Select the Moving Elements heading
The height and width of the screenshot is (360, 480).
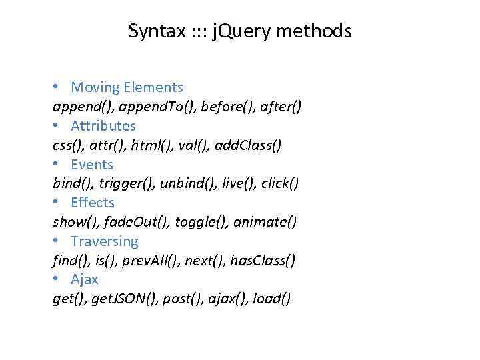pyautogui.click(x=127, y=87)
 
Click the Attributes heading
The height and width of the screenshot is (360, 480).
pyautogui.click(x=103, y=126)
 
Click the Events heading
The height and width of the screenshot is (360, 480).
pyautogui.click(x=92, y=165)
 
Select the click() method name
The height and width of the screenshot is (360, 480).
pyautogui.click(x=280, y=183)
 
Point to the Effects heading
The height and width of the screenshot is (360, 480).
pyautogui.click(x=93, y=203)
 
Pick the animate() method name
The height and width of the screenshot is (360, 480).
pyautogui.click(x=265, y=222)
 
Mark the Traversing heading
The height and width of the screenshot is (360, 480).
pyautogui.click(x=105, y=241)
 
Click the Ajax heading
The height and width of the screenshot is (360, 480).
pyautogui.click(x=85, y=280)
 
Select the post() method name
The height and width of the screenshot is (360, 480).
pyautogui.click(x=189, y=299)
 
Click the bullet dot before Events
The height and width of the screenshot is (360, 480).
pyautogui.click(x=57, y=165)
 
